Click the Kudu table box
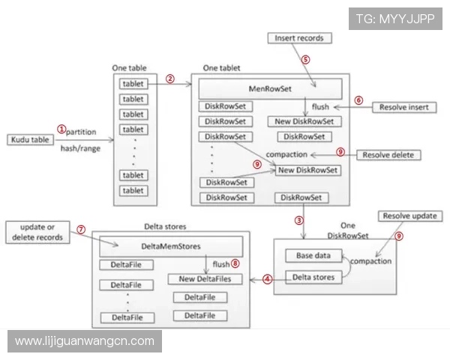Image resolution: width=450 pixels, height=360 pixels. coord(30,140)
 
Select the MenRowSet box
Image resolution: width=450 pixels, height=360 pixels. coord(270,90)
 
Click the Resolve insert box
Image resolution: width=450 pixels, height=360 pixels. coord(403,107)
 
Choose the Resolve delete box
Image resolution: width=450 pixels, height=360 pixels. coord(388,154)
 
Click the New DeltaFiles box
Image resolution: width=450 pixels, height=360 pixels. coord(205,279)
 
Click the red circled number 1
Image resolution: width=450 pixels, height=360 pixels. coord(62,128)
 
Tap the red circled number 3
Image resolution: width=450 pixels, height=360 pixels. coord(298,220)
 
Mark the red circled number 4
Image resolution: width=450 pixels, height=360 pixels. coord(267,280)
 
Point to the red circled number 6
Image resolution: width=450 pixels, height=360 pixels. coord(358,99)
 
